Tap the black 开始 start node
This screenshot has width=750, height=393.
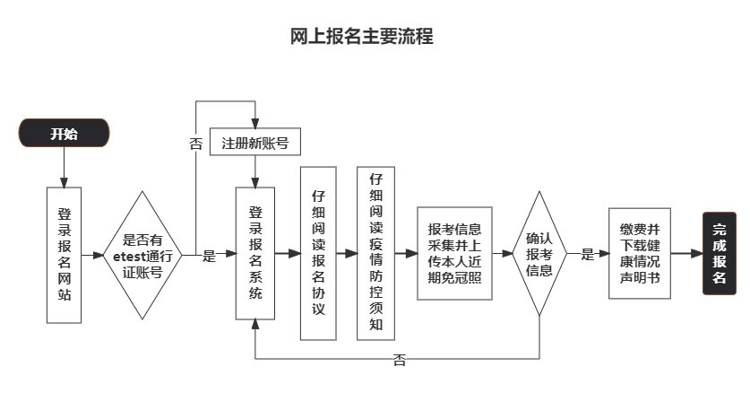(64, 135)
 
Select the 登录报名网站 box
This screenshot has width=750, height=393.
(64, 254)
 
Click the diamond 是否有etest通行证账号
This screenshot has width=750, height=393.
(142, 254)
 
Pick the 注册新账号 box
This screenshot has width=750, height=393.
(255, 143)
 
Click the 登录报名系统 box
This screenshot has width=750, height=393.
(255, 254)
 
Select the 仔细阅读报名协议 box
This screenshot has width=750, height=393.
(317, 254)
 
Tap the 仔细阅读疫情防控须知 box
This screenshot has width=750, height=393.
(375, 254)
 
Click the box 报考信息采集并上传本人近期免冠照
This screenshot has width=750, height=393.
(455, 254)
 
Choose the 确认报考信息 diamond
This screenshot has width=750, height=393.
(539, 254)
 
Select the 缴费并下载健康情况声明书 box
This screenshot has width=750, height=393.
(639, 254)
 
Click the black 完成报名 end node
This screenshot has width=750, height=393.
(719, 254)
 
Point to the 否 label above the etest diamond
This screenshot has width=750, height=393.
(195, 144)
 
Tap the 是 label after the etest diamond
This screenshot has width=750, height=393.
(209, 256)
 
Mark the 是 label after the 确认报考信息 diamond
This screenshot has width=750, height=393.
(588, 255)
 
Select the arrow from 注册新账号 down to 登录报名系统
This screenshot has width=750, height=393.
(255, 171)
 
